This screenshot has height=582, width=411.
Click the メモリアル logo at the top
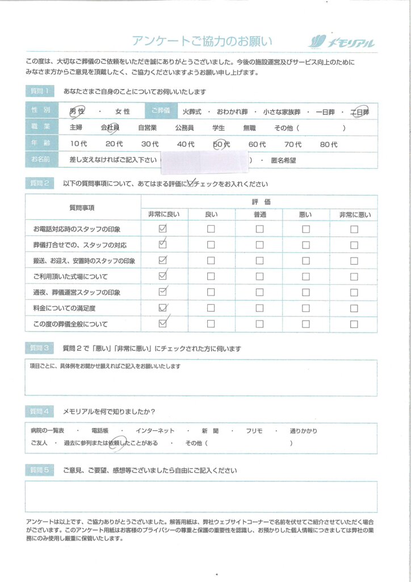[341, 41]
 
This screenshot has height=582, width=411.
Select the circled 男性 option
[77, 112]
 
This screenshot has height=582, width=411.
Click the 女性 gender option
[123, 112]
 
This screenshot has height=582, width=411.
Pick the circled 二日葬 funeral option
[359, 112]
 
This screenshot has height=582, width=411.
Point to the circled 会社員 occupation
[110, 128]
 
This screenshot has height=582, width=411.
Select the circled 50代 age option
[221, 144]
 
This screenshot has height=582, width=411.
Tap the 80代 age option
[328, 144]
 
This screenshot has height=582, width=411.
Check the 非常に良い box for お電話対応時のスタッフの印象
[163, 229]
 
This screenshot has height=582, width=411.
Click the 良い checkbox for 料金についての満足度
[211, 309]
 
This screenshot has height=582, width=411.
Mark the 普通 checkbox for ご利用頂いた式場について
[259, 277]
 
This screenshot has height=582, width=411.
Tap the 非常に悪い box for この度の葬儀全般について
[354, 325]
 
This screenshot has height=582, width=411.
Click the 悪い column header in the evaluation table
[305, 214]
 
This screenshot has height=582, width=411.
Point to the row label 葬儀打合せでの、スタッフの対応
[80, 245]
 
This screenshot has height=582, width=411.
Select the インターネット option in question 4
[155, 431]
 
